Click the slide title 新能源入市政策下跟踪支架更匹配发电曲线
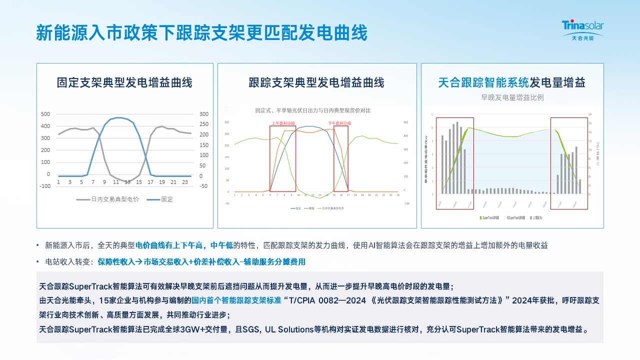pos(201,32)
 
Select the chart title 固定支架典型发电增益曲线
pos(124,82)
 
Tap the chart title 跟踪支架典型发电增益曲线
pos(316,82)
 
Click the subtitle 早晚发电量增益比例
pos(512,97)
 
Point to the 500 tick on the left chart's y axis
pos(45,114)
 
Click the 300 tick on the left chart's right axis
pos(203,114)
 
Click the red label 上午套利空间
pos(283,123)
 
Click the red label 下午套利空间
pos(340,123)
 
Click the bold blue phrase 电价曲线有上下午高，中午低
pos(184,245)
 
